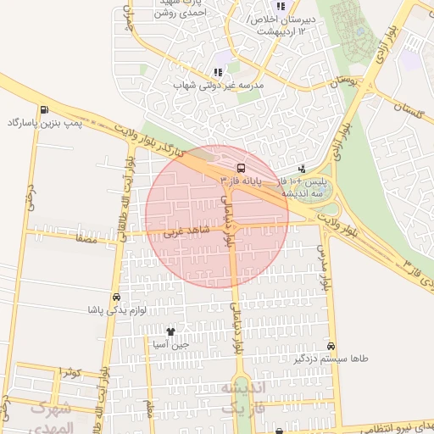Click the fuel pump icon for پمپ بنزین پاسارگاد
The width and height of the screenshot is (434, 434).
(43, 109)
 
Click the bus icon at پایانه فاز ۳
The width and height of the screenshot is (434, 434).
(241, 168)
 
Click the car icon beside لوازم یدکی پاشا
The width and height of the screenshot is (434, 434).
(115, 298)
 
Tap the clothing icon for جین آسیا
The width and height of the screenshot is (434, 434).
(170, 331)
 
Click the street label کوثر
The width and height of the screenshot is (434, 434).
(70, 373)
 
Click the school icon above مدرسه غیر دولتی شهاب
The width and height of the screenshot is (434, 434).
(217, 72)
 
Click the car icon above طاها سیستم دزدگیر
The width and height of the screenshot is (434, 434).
(331, 346)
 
